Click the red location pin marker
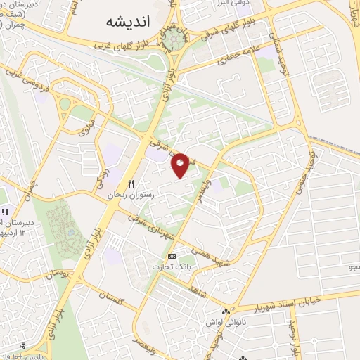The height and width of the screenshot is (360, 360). point(181,165)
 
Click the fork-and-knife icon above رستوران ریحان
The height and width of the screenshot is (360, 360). point(131,184)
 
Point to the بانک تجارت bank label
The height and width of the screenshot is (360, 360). point(172,267)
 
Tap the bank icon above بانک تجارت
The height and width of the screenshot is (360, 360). point(172,257)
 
